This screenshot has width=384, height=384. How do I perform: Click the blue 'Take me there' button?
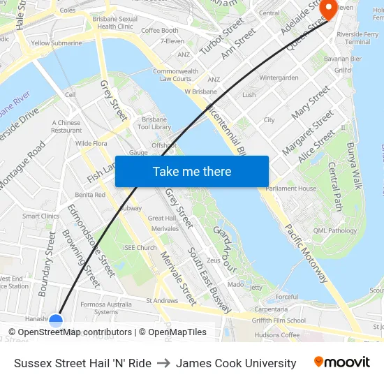pos(192,171)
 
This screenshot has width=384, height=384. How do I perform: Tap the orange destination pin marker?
pos(327,9)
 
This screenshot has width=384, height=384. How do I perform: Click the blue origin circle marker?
pos(56,321)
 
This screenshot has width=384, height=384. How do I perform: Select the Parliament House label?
pos(291,188)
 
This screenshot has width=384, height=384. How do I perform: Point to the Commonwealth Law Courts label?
pos(175,75)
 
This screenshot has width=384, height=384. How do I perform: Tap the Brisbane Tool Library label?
pos(154,123)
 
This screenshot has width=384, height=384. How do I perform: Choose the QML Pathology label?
pos(335,231)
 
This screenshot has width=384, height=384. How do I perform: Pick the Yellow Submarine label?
pos(56,43)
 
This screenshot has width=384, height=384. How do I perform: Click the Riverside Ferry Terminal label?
pos(357,38)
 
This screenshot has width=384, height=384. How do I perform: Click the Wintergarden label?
pos(279,78)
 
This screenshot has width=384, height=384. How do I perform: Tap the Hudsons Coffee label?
pos(277,335)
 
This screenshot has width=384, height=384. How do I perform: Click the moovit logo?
pos(341,362)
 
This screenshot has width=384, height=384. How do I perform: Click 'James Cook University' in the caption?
pos(236,363)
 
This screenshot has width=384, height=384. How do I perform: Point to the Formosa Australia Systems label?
pos(106,308)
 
